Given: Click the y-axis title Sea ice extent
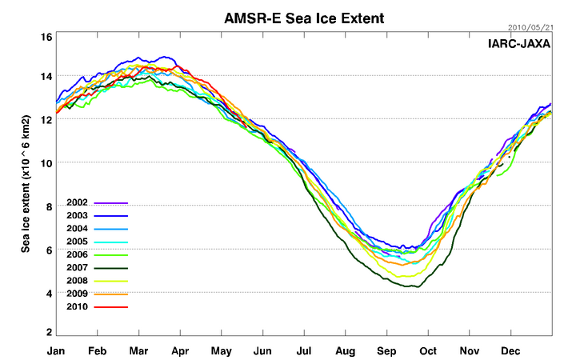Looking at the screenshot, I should click(26, 184).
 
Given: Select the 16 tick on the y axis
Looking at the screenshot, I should click(46, 37).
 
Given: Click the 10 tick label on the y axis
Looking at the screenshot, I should click(46, 163).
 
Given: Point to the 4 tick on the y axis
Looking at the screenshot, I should click(48, 294).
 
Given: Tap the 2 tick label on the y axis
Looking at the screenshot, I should click(48, 332).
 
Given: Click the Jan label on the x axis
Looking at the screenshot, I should click(56, 351).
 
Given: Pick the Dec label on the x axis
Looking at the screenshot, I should click(512, 351).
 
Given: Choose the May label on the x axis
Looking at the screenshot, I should click(221, 351).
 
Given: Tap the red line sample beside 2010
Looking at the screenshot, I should click(111, 306).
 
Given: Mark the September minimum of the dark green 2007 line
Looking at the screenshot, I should click(412, 286).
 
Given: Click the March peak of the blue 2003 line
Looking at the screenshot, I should click(166, 57).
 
